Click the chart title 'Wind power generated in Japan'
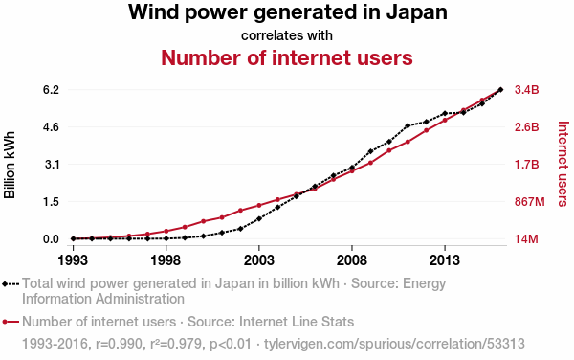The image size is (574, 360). point(287,12)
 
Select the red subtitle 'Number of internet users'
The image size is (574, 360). point(287,57)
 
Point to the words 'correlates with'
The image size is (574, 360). point(287,35)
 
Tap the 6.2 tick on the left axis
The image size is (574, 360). point(51,90)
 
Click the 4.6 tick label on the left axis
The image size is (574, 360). point(51,127)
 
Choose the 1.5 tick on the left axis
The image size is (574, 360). point(52,202)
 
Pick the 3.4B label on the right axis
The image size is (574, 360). point(527,90)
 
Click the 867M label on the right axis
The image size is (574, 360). point(529,202)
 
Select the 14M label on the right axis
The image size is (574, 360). point(526,239)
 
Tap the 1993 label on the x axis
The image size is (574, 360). point(73,260)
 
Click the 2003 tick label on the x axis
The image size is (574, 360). point(259,260)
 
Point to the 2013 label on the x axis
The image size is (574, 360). point(445,260)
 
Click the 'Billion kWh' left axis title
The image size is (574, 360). point(10,165)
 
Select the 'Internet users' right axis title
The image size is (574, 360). point(563,164)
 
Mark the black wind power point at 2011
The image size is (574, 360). point(408,125)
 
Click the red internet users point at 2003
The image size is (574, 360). point(259,206)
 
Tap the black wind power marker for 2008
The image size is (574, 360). point(352,168)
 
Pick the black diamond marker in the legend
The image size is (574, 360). point(5,284)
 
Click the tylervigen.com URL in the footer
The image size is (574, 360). point(394,344)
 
